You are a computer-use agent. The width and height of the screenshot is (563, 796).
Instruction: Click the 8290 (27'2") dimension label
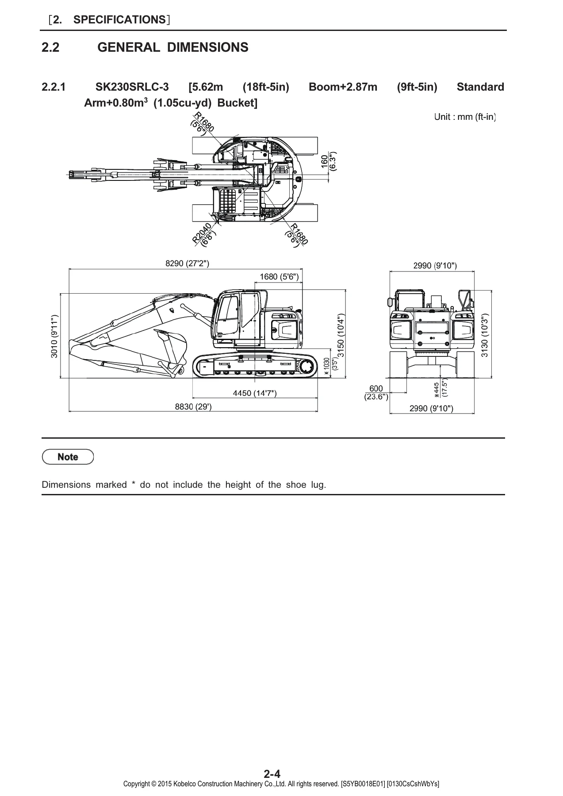pos(187,264)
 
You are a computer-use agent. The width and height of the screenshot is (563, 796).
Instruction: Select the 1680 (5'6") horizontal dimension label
pos(279,277)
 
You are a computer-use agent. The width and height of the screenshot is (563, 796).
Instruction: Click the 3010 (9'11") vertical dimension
pos(54,336)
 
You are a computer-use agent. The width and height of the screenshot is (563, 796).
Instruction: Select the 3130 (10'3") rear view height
pos(485,335)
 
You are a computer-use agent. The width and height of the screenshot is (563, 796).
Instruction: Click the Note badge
pos(68,457)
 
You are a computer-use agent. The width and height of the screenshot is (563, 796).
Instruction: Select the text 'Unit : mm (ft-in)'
pos(465,117)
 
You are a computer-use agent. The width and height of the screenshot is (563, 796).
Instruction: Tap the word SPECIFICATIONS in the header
pos(119,19)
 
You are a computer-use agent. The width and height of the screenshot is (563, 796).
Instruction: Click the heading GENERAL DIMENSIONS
pos(173,47)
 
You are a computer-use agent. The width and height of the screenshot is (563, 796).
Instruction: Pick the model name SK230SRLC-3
pos(132,87)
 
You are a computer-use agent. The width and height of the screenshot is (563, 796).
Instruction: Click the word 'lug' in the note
pos(318,485)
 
